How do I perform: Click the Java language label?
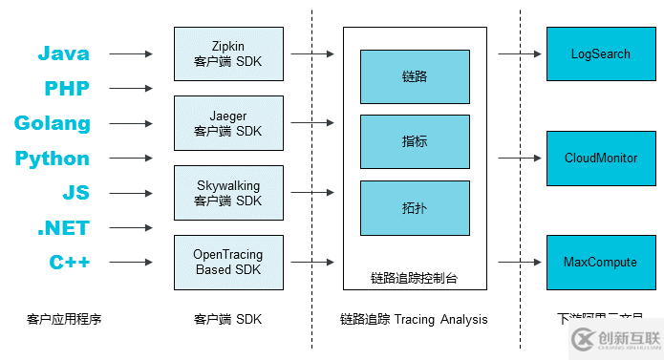point(63,54)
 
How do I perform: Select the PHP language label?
point(66,89)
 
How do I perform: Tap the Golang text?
point(53,123)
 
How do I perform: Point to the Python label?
point(53,159)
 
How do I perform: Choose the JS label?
point(75,193)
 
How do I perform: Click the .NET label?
point(63,228)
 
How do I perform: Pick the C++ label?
point(69,263)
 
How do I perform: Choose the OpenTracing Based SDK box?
point(228,263)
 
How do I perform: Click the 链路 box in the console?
point(415,76)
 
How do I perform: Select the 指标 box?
point(415,141)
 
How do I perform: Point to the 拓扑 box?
point(415,206)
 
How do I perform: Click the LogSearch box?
point(601,54)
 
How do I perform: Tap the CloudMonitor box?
point(601,159)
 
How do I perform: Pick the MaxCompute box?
point(601,263)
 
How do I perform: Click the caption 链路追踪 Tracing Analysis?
point(414,319)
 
